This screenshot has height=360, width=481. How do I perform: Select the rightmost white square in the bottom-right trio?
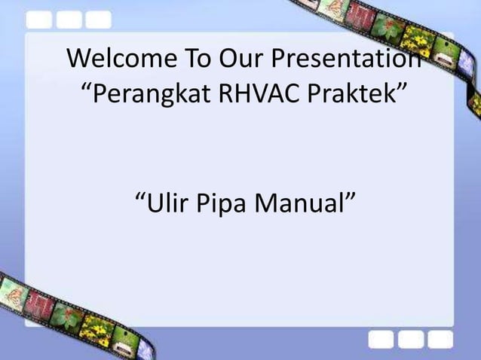(440, 340)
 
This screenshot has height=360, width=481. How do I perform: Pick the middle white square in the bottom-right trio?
(412, 340)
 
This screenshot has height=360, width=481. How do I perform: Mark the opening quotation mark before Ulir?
(139, 197)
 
